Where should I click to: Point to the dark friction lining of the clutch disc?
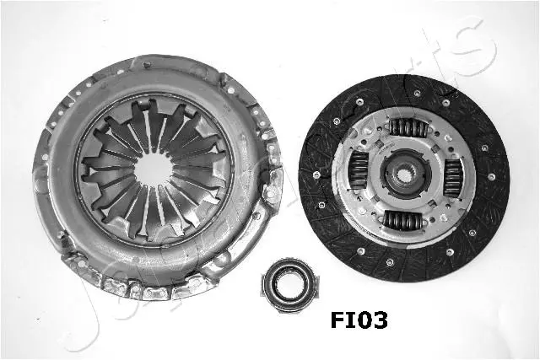pos(489,211)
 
